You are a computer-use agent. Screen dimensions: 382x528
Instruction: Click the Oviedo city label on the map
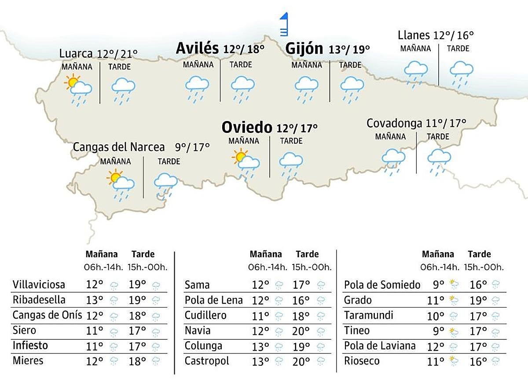247,127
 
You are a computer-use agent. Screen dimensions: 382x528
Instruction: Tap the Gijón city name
304,48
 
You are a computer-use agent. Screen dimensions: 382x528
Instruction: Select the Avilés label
197,48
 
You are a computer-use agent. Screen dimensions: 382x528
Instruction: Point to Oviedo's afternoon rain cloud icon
291,164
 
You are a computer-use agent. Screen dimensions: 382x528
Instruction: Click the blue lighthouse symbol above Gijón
284,25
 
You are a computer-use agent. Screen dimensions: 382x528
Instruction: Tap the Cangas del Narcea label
119,147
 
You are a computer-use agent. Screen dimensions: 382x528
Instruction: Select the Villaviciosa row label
39,284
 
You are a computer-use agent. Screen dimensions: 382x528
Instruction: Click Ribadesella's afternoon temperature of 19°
138,300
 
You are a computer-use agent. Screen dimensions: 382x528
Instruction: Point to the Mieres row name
28,361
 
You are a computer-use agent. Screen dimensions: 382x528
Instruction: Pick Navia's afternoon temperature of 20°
302,331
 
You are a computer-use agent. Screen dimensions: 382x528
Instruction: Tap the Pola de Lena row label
213,301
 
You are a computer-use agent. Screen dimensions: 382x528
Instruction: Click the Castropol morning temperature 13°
260,361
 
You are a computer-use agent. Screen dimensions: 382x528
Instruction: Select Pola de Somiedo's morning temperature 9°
438,285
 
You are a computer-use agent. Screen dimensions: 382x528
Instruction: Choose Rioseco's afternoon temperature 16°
478,361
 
